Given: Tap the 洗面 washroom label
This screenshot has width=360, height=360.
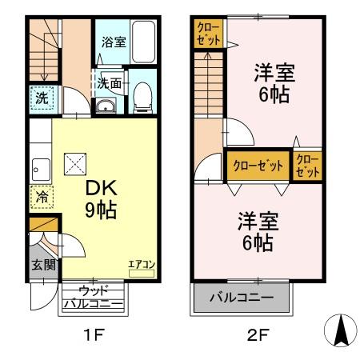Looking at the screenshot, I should (110, 82).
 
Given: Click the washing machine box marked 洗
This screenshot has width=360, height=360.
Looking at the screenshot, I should (40, 99).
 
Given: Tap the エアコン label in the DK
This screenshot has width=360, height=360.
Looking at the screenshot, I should (140, 263).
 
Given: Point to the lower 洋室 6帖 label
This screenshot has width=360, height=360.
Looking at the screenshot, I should (255, 230).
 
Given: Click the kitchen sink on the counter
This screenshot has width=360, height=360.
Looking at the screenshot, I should (38, 169).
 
